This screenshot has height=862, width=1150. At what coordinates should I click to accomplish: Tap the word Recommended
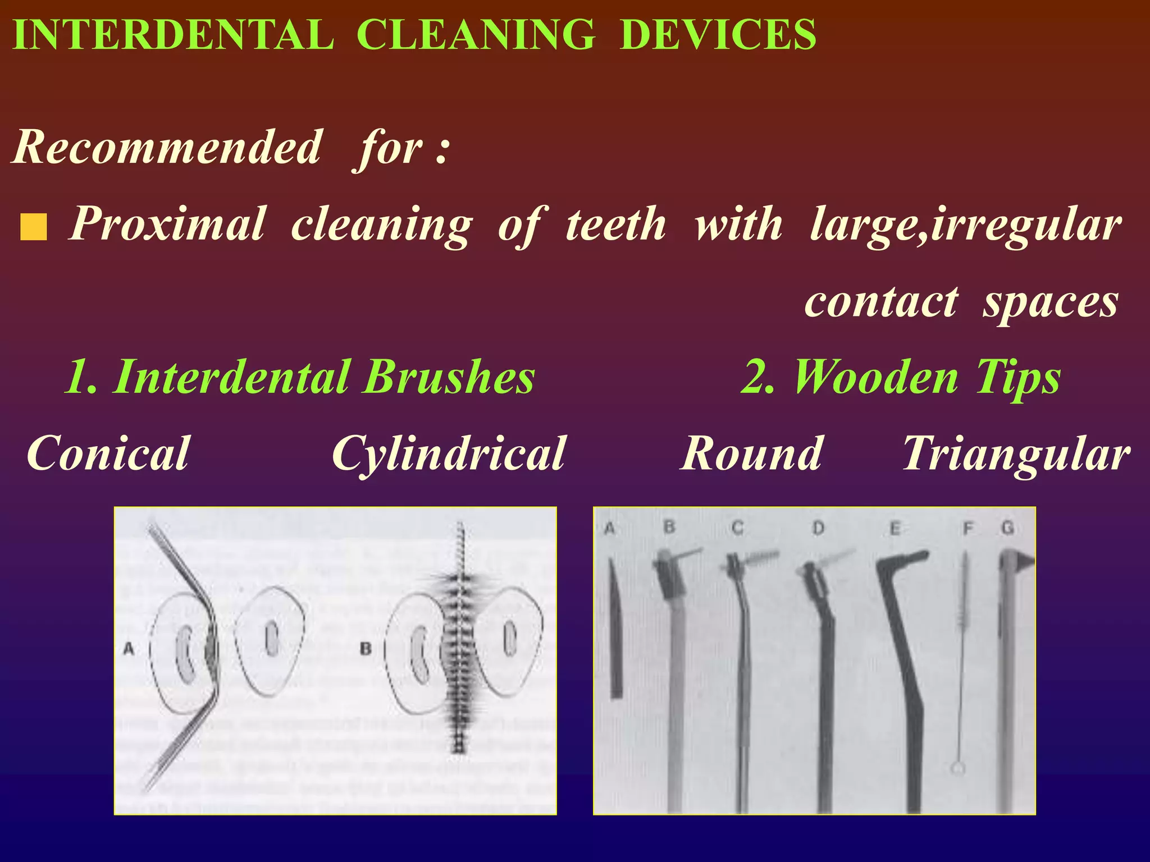click(x=168, y=147)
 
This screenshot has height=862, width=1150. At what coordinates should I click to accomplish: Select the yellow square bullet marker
click(x=33, y=227)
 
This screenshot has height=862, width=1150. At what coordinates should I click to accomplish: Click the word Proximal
click(x=167, y=224)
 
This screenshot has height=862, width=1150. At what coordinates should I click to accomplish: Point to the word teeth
click(x=615, y=224)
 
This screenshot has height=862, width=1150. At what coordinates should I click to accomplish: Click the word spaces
click(x=1050, y=302)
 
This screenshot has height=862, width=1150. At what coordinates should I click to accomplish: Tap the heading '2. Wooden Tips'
click(x=901, y=377)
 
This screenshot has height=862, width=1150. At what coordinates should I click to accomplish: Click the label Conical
click(x=108, y=453)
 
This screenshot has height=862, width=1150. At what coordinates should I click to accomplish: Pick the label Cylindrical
click(x=448, y=453)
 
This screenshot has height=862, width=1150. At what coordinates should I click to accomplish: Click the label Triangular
click(x=1016, y=453)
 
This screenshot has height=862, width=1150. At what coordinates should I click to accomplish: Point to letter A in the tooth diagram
click(x=129, y=649)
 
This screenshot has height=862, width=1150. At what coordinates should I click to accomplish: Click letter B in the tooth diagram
click(x=366, y=649)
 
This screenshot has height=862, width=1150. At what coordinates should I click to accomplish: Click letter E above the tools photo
click(x=895, y=528)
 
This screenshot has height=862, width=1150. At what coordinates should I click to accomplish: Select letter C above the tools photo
click(x=737, y=528)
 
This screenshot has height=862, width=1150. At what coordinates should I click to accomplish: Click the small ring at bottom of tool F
click(x=958, y=768)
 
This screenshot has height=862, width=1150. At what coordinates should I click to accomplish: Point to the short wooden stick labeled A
click(x=616, y=629)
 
